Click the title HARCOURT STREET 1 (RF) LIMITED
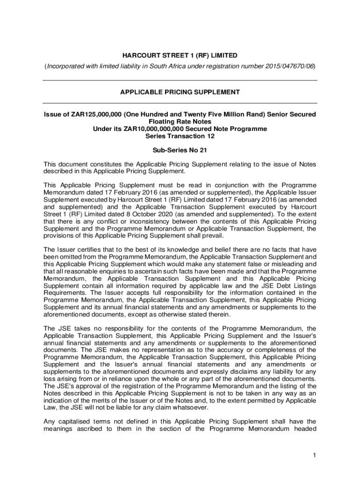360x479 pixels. pyautogui.click(x=180, y=56)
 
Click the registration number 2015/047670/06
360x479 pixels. pyautogui.click(x=290, y=66)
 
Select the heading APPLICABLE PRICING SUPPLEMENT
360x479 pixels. pyautogui.click(x=180, y=92)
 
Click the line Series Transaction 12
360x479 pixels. pyautogui.click(x=180, y=136)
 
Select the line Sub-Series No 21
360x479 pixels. pyautogui.click(x=180, y=151)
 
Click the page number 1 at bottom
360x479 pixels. pyautogui.click(x=316, y=455)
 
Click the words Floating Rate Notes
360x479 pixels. pyautogui.click(x=180, y=122)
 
